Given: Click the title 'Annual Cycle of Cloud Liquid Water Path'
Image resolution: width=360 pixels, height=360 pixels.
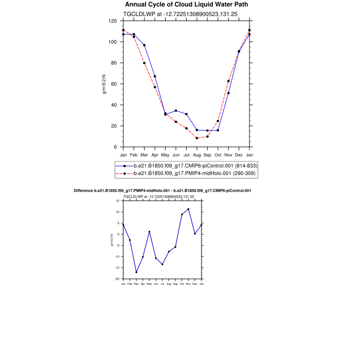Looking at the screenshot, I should [179, 5].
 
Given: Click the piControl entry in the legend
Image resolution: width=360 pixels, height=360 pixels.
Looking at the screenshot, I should [195, 166].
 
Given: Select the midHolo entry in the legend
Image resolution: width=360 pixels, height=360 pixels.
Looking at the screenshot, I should [195, 174].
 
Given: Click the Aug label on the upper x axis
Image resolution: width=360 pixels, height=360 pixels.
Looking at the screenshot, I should [197, 155].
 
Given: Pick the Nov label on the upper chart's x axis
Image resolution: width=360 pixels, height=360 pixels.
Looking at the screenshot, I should [228, 155].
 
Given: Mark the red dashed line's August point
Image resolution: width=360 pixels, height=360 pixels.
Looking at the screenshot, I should [197, 138].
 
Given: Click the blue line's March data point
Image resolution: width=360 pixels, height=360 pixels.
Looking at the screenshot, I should [144, 45].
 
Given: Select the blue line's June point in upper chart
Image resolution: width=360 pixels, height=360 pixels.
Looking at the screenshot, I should [176, 111].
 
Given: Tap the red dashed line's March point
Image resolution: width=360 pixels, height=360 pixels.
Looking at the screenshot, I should [144, 63].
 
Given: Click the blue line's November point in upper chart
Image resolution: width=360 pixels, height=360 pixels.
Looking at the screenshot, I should [228, 93].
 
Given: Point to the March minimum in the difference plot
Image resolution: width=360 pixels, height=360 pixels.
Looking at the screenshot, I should [136, 272].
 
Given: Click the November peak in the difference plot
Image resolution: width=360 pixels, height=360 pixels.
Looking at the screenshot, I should [188, 209].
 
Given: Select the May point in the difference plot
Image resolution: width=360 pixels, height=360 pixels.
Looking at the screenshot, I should [149, 231].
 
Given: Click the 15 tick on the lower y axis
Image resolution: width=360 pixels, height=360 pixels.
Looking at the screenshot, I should [118, 201].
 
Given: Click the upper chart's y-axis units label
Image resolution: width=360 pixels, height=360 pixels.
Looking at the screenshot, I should [105, 84].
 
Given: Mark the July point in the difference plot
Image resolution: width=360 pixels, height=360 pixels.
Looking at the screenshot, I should [163, 264].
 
